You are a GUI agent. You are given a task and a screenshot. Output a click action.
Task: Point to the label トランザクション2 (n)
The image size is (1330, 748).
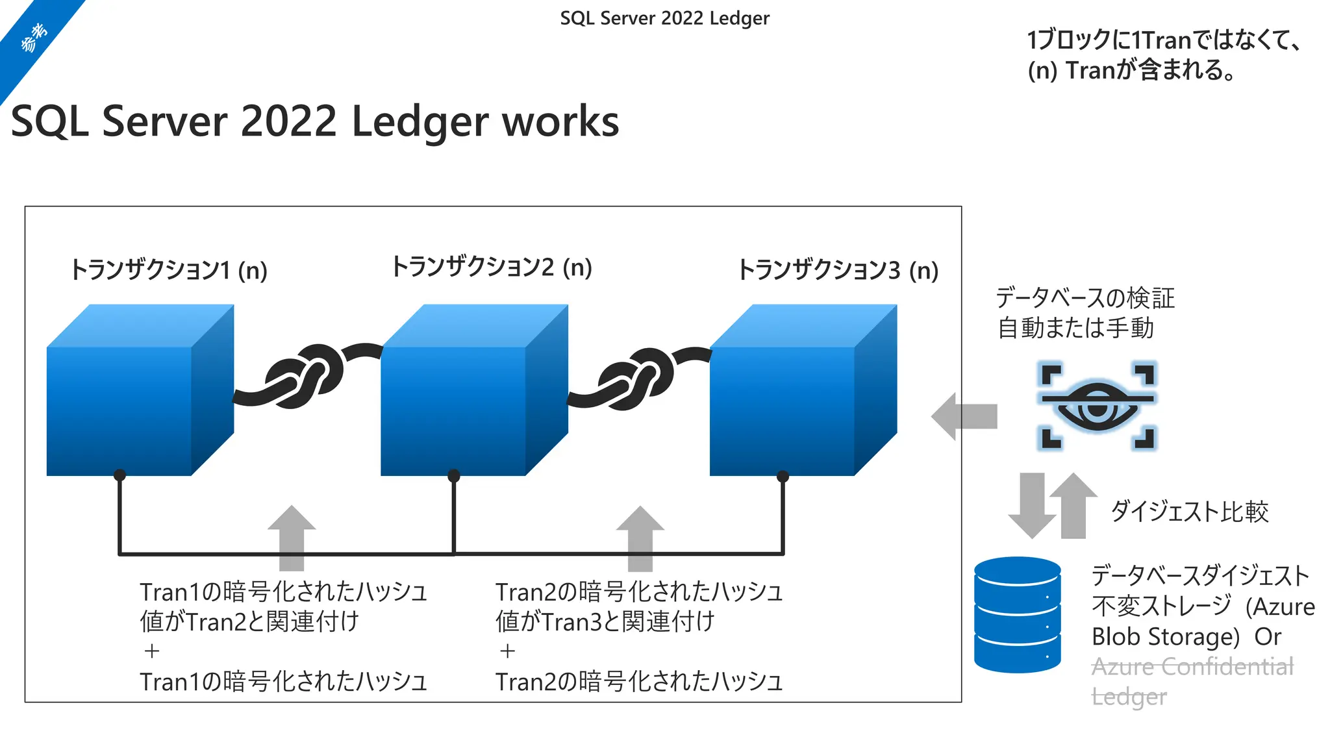pyautogui.click(x=492, y=267)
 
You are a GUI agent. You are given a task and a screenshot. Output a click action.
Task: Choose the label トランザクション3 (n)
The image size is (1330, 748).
pyautogui.click(x=838, y=270)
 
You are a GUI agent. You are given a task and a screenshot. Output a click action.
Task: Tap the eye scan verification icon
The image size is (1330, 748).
pyautogui.click(x=1098, y=406)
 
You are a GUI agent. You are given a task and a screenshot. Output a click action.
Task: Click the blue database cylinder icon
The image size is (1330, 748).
pyautogui.click(x=1017, y=614)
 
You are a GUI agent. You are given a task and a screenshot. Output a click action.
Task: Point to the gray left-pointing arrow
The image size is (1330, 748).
pyautogui.click(x=964, y=416)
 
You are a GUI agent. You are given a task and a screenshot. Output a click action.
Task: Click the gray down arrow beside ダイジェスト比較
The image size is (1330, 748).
pyautogui.click(x=1032, y=505)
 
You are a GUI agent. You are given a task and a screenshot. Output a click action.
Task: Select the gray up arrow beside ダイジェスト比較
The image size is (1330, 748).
pyautogui.click(x=1073, y=505)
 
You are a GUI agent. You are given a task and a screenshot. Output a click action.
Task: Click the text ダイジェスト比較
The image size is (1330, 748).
pyautogui.click(x=1189, y=512)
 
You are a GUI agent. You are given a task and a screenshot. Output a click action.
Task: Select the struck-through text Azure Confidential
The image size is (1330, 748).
pyautogui.click(x=1192, y=667)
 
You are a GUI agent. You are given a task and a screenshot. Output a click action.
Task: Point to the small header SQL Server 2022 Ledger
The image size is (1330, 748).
pyautogui.click(x=664, y=18)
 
